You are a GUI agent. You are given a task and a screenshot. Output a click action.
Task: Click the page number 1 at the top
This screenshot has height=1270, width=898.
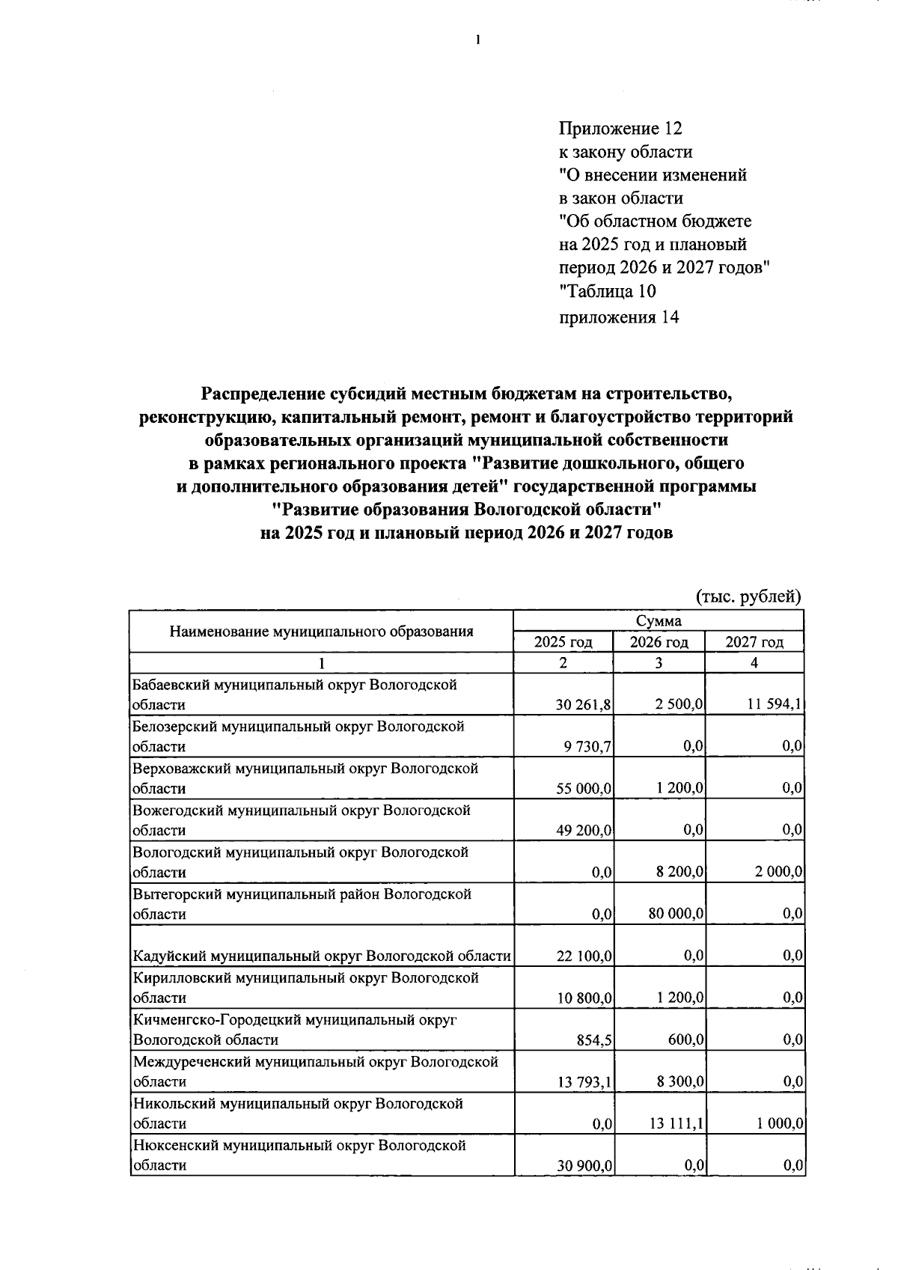click(x=477, y=40)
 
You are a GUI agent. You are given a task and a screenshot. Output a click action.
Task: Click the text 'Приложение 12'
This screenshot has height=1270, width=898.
click(x=620, y=129)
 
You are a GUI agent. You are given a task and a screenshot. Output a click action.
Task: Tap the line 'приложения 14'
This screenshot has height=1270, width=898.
click(x=619, y=317)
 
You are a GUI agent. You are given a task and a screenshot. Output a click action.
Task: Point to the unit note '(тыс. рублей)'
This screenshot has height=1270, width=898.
click(x=748, y=596)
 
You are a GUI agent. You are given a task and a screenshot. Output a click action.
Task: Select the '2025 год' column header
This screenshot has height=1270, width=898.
click(x=563, y=642)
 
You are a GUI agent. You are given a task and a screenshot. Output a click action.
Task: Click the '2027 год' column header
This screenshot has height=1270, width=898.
click(x=754, y=642)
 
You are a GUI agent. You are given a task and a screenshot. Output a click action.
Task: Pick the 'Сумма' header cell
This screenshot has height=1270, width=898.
click(x=658, y=621)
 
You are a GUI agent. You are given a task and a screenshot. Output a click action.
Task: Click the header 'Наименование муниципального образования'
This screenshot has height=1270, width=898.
click(x=321, y=631)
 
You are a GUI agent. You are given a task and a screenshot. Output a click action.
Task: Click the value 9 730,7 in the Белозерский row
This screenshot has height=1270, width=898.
click(x=588, y=747)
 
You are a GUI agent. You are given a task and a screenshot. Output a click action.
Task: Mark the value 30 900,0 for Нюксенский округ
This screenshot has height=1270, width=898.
click(x=584, y=1165)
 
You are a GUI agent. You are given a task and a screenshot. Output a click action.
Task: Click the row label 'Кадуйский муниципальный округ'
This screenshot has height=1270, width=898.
click(x=321, y=956)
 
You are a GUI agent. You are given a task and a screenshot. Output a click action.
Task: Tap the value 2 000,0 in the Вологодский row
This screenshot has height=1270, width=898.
click(x=778, y=872)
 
